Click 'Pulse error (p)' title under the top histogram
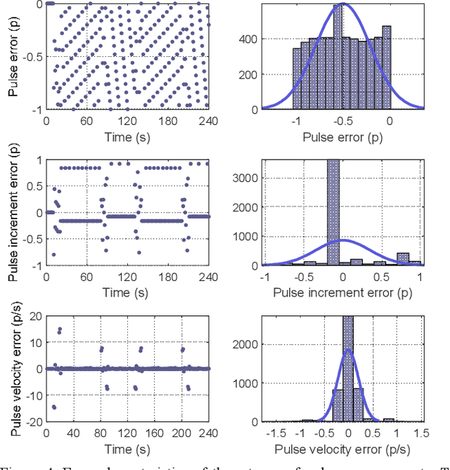click(x=342, y=138)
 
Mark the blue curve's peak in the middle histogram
click(x=342, y=240)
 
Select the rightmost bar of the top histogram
click(x=386, y=68)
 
